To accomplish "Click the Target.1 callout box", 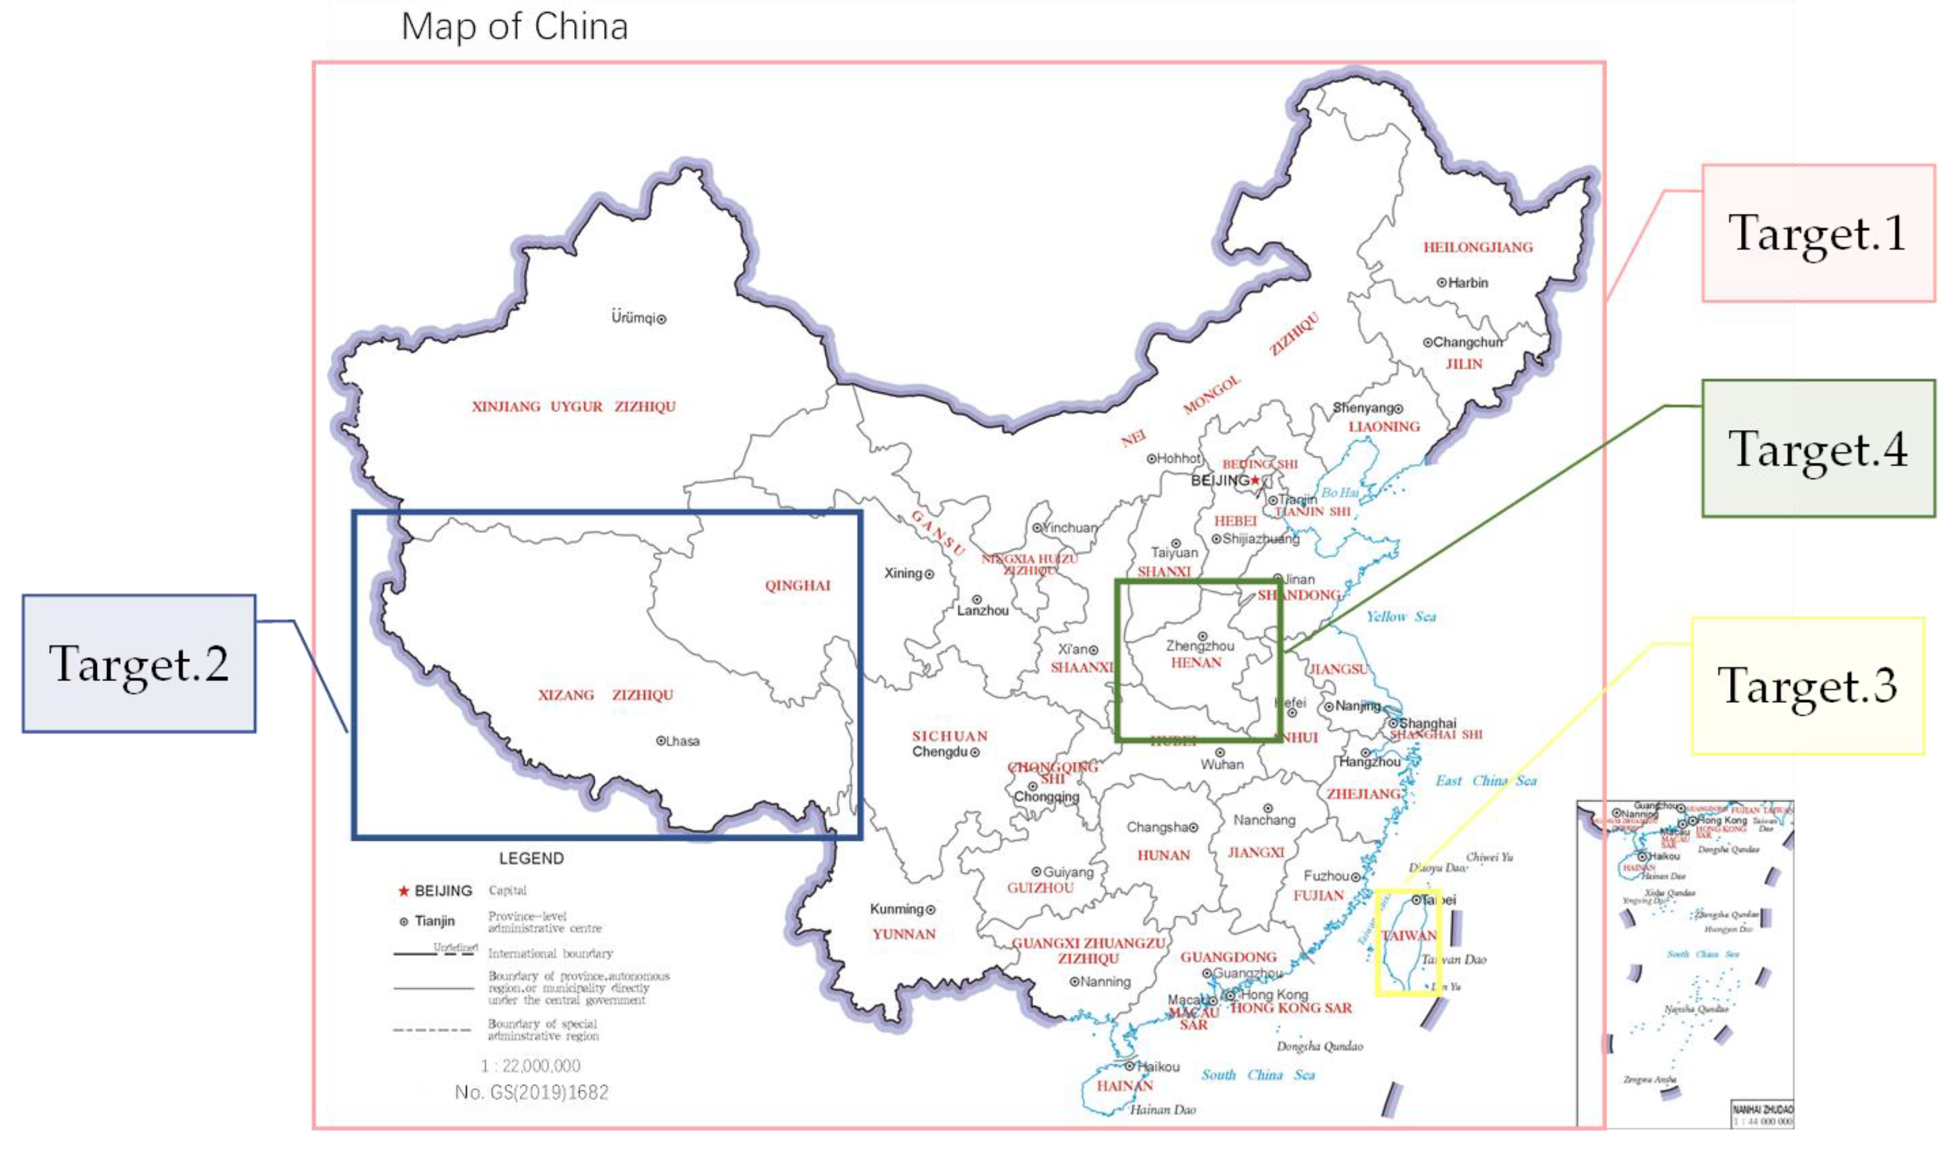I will (x=1817, y=233).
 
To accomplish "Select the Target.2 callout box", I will (x=139, y=663).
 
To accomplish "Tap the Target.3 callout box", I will (x=1807, y=685).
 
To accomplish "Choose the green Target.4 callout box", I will (x=1817, y=448).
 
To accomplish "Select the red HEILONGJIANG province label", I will (x=1477, y=248).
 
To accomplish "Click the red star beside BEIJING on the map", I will (x=1255, y=480).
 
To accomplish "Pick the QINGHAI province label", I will (x=797, y=585).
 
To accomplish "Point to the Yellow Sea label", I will (x=1400, y=617).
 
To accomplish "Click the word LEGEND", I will (x=531, y=858).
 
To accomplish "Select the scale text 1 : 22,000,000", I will (x=531, y=1065).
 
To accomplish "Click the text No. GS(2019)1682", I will (x=531, y=1092).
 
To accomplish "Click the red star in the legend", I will (x=403, y=891).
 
